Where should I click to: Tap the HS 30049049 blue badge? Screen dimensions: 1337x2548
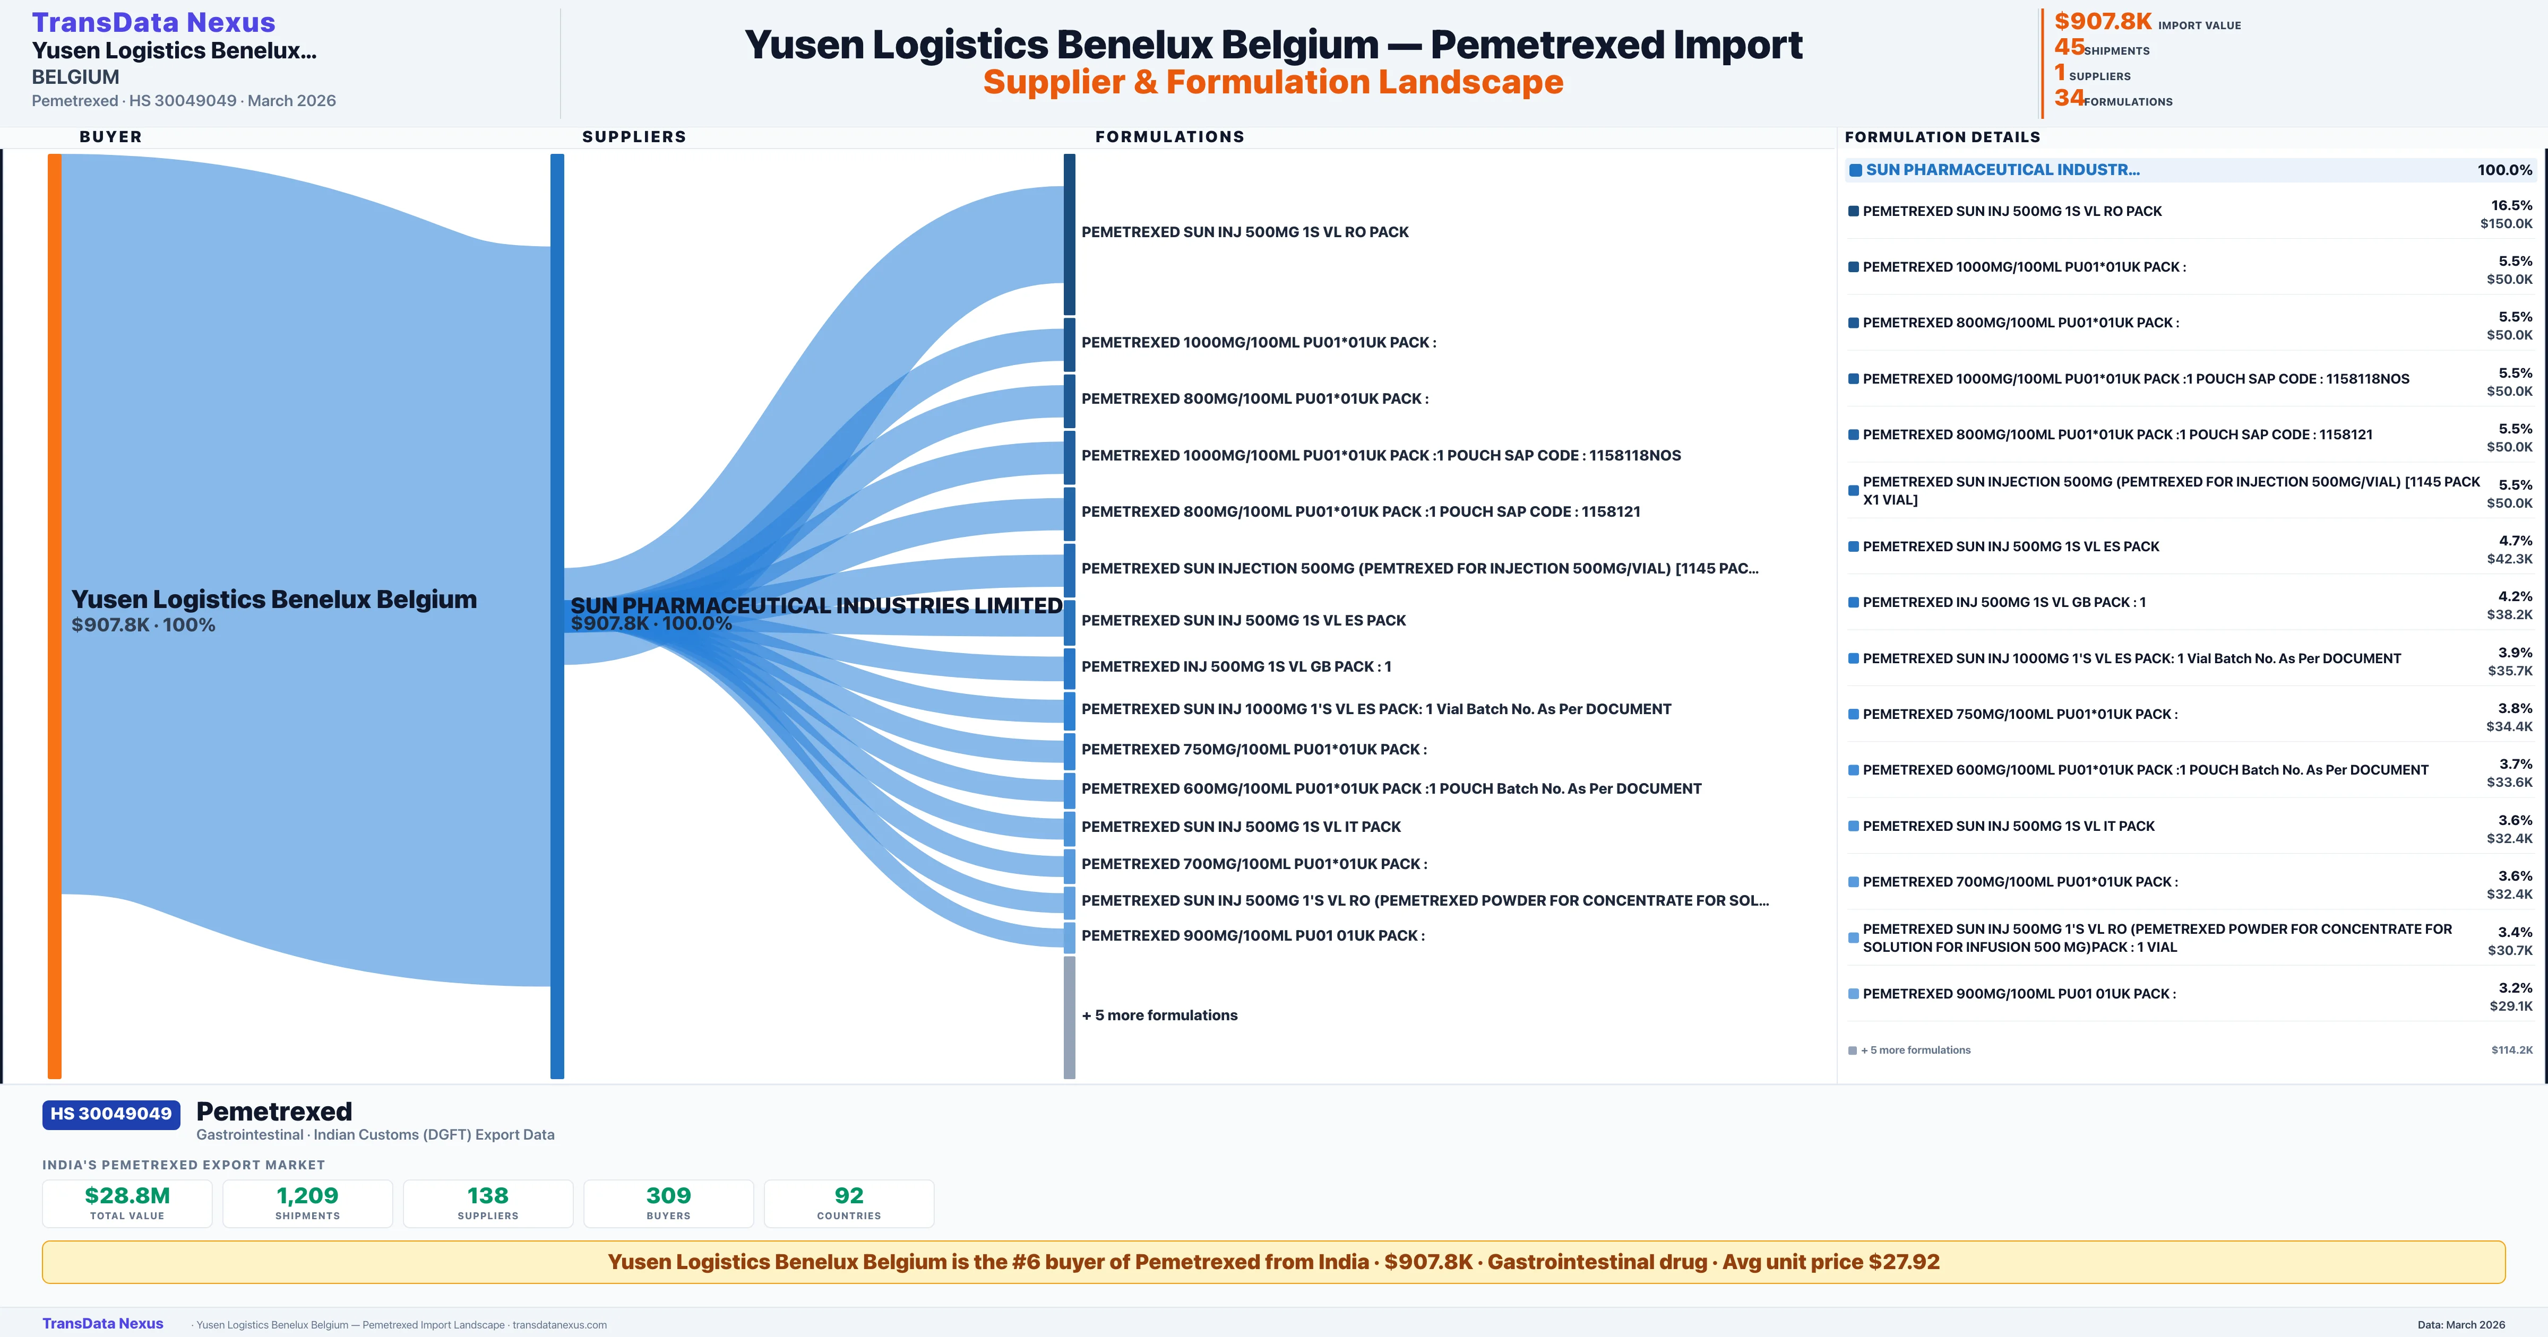[111, 1115]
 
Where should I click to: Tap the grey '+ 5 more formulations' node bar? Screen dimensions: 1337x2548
[1069, 1017]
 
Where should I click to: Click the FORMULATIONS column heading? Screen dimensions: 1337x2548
[1169, 136]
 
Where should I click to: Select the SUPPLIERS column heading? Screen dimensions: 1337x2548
[634, 136]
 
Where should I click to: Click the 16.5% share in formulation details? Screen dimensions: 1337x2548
[2511, 206]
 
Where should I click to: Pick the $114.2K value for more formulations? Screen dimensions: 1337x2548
[2511, 1050]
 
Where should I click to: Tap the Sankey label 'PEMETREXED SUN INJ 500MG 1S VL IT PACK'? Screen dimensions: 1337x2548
[1241, 827]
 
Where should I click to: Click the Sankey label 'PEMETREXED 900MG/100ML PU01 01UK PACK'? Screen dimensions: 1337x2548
[1252, 935]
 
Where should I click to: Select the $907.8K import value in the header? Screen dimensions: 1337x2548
[2103, 22]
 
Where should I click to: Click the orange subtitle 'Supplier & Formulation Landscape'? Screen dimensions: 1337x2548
[1273, 82]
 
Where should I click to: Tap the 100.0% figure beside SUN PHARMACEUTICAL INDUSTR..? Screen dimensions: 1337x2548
[2504, 170]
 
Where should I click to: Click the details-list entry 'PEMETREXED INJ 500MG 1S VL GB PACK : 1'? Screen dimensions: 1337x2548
[2004, 602]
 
